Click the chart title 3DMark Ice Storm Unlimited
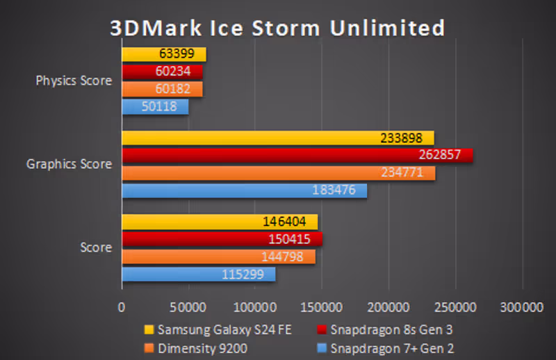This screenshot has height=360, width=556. (277, 28)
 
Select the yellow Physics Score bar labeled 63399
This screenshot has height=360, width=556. (164, 54)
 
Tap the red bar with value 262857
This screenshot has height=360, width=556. (297, 155)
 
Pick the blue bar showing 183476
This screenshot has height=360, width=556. (244, 190)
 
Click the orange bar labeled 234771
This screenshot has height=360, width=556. (278, 173)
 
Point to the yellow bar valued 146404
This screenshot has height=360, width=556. (220, 222)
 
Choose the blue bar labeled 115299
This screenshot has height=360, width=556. (198, 275)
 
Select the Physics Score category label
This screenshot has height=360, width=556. (74, 81)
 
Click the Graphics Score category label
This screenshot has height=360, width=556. (69, 165)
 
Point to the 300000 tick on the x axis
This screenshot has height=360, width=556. (521, 306)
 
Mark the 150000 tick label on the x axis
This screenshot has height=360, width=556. (322, 306)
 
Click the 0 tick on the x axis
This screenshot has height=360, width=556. (122, 306)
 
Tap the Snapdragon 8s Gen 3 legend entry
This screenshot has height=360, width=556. (389, 329)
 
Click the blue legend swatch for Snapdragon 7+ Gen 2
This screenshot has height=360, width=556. (322, 347)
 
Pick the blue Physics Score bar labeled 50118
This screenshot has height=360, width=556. (155, 107)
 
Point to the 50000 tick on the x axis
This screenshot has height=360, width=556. (189, 306)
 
